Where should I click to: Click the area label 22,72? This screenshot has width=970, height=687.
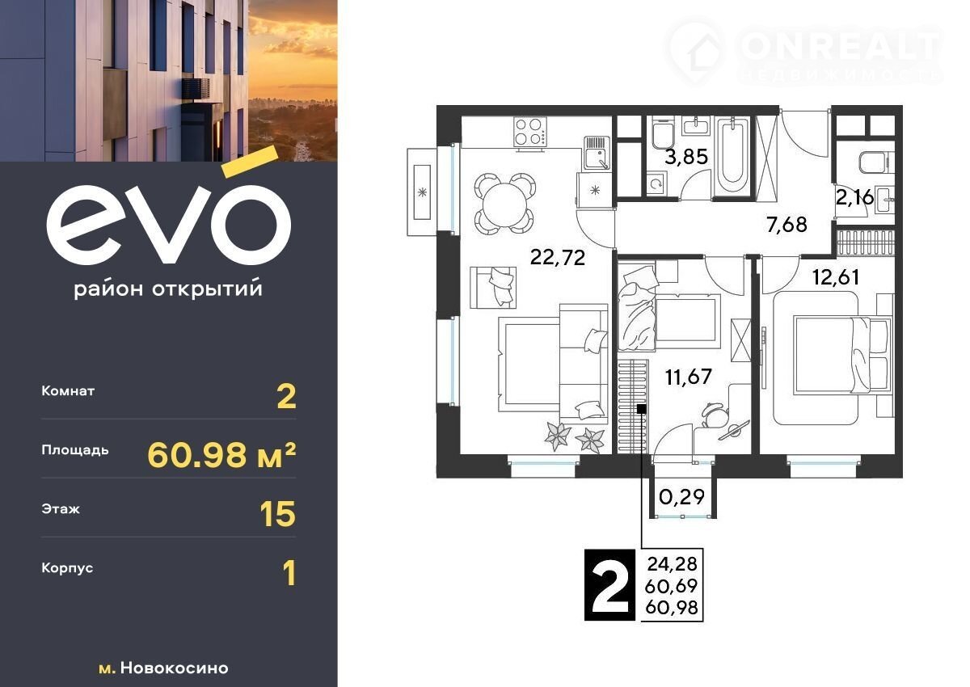557,258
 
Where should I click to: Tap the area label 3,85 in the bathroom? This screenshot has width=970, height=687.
686,157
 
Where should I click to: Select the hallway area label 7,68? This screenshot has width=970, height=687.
787,225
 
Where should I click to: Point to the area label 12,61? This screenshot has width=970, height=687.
836,277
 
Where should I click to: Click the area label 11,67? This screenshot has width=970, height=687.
689,377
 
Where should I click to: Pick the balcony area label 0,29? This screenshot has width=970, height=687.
682,497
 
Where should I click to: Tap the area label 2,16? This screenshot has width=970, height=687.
855,198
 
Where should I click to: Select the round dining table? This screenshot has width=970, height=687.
505,204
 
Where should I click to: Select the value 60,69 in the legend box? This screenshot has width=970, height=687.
671,586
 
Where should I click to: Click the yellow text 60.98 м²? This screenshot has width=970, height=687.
221,455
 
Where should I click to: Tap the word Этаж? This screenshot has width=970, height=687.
61,509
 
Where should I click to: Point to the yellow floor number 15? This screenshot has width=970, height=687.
277,514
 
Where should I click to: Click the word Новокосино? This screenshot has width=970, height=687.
174,668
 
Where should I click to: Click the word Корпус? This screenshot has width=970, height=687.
67,568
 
